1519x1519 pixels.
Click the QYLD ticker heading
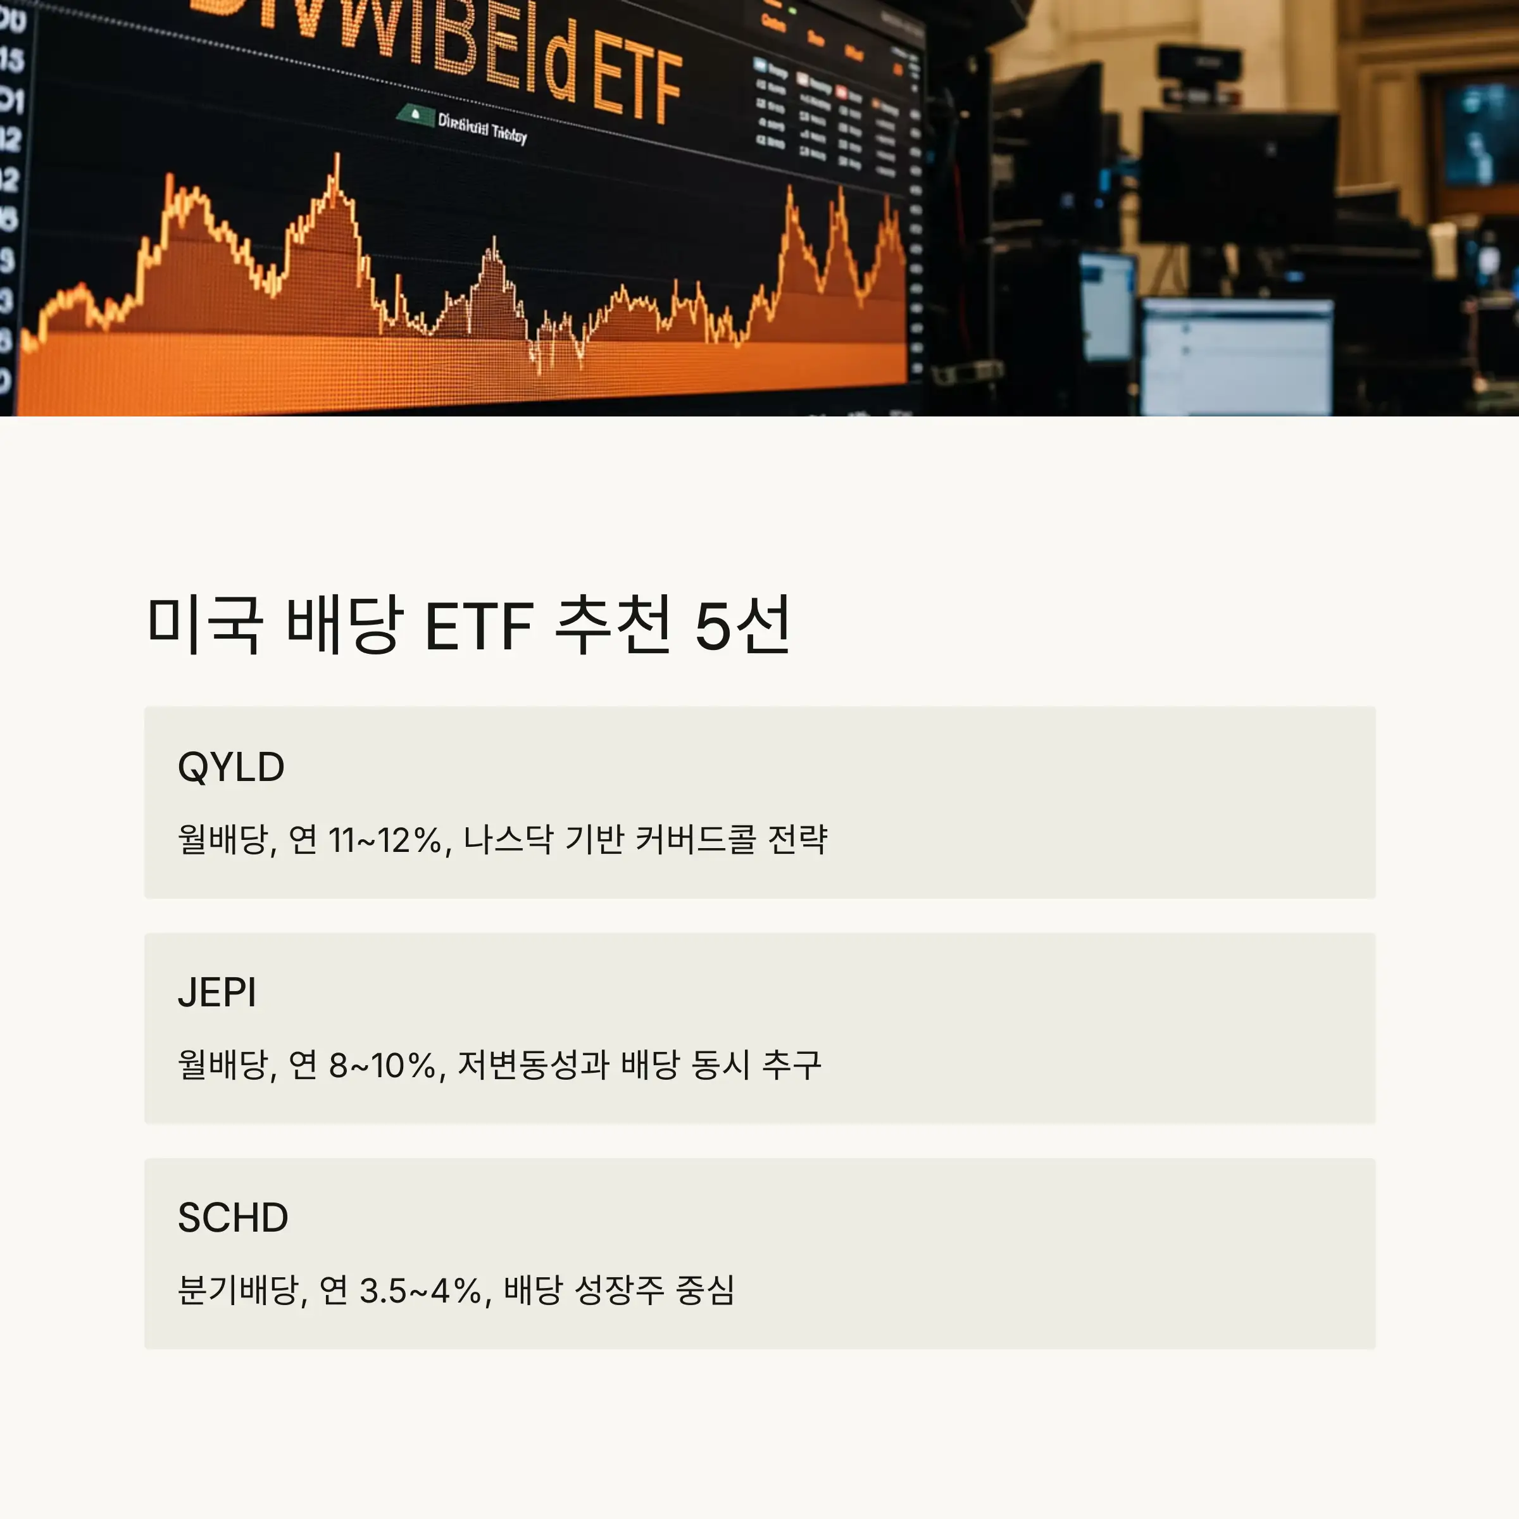(230, 766)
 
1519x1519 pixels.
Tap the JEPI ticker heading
(217, 992)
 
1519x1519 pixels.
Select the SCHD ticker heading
(233, 1217)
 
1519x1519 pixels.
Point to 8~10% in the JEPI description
(382, 1065)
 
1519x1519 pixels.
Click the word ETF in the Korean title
(479, 627)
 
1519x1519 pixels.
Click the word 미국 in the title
(204, 625)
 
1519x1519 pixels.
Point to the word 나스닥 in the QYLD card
(508, 840)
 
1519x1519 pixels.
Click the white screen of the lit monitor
(1236, 358)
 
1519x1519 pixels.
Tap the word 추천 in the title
(613, 625)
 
